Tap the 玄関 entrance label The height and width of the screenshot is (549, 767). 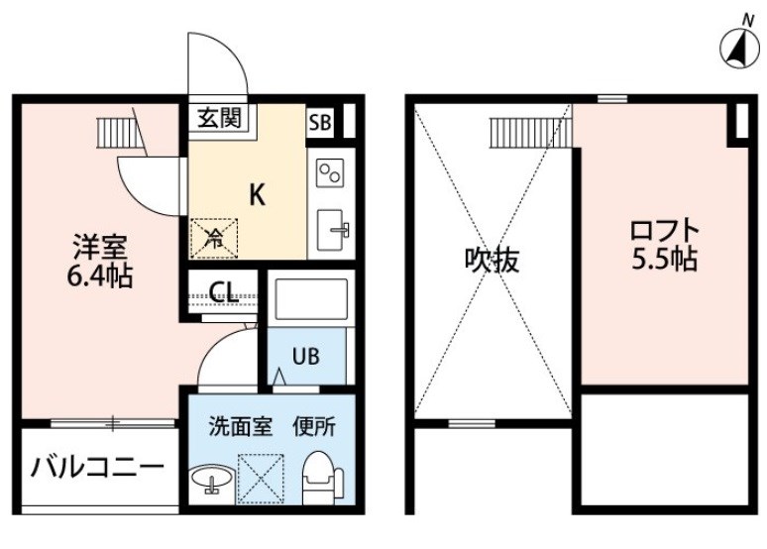pyautogui.click(x=220, y=118)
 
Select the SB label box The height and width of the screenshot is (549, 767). pyautogui.click(x=320, y=122)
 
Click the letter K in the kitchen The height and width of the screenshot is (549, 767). pyautogui.click(x=258, y=195)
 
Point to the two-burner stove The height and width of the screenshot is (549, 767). pyautogui.click(x=330, y=172)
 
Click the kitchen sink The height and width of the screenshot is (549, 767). pyautogui.click(x=332, y=230)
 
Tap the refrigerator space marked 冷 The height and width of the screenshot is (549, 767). pyautogui.click(x=214, y=238)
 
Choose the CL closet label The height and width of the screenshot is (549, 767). pyautogui.click(x=224, y=292)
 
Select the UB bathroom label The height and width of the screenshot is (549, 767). pyautogui.click(x=306, y=356)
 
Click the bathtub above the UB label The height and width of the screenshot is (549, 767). pyautogui.click(x=311, y=299)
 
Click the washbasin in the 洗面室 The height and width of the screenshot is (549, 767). pyautogui.click(x=212, y=479)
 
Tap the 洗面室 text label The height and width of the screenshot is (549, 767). pyautogui.click(x=240, y=427)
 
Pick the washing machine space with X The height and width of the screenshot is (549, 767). pyautogui.click(x=261, y=479)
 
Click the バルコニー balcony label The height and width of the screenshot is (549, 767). pyautogui.click(x=97, y=468)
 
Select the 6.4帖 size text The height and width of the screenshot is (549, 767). pyautogui.click(x=100, y=276)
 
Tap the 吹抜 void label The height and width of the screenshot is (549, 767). pyautogui.click(x=492, y=260)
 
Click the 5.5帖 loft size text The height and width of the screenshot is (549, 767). pyautogui.click(x=664, y=260)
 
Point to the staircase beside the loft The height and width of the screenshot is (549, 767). pyautogui.click(x=531, y=133)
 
